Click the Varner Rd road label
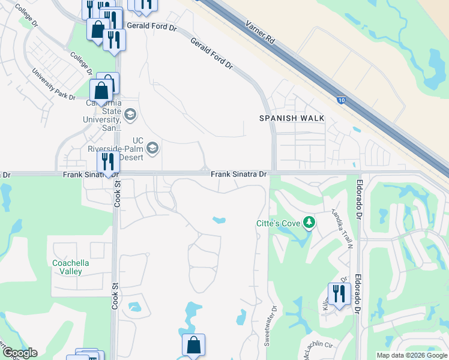tap(261, 33)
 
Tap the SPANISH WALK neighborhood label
tap(292, 118)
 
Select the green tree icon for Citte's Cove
tap(309, 223)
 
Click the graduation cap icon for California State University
tap(130, 114)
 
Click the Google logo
tap(19, 353)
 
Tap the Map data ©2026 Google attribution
tap(412, 355)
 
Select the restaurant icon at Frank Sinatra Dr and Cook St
tap(108, 161)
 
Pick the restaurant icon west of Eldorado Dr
tap(339, 293)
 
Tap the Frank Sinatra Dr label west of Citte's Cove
tap(238, 173)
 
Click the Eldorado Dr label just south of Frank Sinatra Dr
tap(359, 198)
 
